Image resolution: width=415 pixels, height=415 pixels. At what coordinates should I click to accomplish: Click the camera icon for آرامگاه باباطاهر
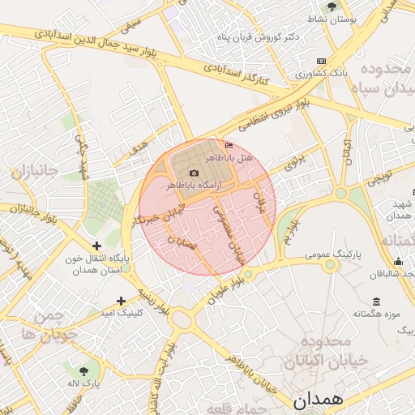click(x=193, y=173)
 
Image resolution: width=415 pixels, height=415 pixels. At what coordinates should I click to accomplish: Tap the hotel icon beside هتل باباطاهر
click(x=229, y=145)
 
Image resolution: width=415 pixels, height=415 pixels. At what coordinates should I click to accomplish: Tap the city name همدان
click(x=319, y=400)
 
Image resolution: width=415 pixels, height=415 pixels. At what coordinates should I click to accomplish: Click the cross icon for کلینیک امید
click(x=121, y=300)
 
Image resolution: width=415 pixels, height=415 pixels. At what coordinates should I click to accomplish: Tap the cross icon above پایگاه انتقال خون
click(x=96, y=245)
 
